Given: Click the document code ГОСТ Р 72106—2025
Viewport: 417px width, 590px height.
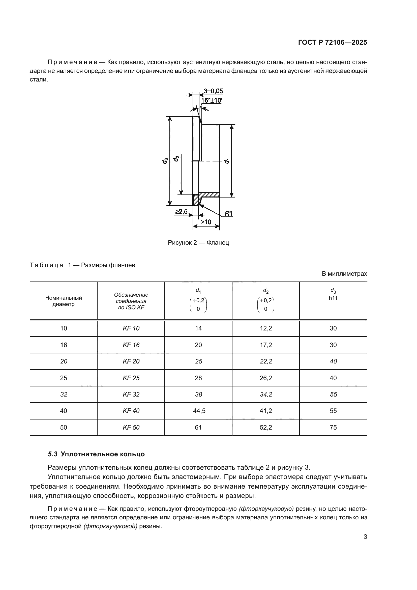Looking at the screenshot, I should (x=333, y=43).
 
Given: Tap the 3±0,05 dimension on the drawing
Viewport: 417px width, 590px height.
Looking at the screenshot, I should (x=213, y=91).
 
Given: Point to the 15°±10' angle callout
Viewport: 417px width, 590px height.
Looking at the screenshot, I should (x=211, y=100).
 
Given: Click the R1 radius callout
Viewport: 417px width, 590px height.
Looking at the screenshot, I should (x=228, y=213).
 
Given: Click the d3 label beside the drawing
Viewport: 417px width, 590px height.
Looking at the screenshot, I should (x=165, y=161).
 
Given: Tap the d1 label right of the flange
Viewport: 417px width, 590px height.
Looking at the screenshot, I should (x=227, y=161).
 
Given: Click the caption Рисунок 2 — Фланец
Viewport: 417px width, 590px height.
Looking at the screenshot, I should (x=198, y=243).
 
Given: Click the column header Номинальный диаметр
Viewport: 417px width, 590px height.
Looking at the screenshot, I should (x=64, y=301).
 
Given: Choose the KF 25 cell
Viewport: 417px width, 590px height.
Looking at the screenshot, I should (x=131, y=378).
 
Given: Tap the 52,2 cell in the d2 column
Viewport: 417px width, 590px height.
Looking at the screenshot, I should (x=266, y=427).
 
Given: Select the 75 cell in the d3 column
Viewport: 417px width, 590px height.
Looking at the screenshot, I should (x=333, y=427).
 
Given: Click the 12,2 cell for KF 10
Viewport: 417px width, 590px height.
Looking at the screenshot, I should (x=266, y=328).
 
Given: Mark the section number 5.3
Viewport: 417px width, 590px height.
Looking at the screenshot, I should (x=52, y=454).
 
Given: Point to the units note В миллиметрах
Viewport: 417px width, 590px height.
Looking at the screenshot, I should (x=344, y=274).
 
